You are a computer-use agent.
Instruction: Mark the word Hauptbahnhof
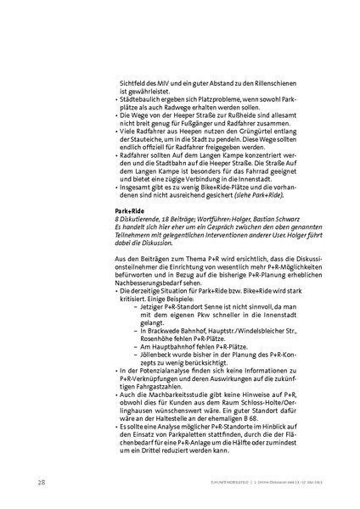pos(161,347)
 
